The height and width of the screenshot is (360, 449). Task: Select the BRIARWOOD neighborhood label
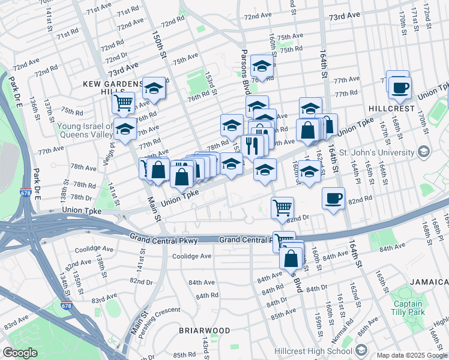click(x=204, y=331)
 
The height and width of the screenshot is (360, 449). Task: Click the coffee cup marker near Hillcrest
click(x=398, y=87)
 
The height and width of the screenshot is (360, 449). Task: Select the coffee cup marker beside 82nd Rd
click(x=333, y=198)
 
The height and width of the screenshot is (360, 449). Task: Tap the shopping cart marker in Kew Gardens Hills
click(x=124, y=101)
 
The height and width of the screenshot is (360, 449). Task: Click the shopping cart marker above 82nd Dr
click(x=282, y=208)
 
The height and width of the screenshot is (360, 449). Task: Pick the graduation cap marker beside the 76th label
click(x=262, y=65)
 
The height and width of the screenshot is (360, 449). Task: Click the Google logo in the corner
click(x=19, y=353)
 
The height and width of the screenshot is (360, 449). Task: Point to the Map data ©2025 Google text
click(x=412, y=355)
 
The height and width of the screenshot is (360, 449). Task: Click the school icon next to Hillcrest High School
click(x=361, y=349)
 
